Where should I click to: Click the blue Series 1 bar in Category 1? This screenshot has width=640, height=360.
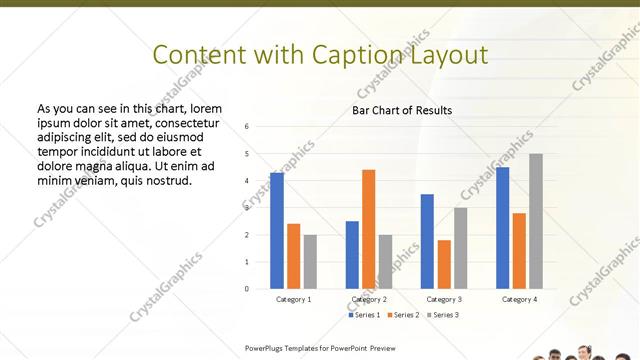tap(277, 231)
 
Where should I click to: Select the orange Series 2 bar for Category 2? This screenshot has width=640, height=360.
tap(368, 229)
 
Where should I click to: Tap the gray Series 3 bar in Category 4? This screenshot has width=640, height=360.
tap(536, 221)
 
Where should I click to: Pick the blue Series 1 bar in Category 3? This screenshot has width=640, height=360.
tap(427, 241)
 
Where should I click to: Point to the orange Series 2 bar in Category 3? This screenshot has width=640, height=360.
tap(444, 264)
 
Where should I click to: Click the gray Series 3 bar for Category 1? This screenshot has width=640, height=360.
tap(310, 262)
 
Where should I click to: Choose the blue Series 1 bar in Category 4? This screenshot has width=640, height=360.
tap(502, 228)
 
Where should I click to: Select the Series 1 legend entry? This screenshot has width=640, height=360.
tap(363, 315)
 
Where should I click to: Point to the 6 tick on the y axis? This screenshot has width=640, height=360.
tap(260, 127)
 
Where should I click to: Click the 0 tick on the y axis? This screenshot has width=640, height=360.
tap(260, 289)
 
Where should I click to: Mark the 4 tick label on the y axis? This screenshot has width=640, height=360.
tap(260, 181)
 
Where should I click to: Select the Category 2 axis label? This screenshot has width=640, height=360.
tap(369, 299)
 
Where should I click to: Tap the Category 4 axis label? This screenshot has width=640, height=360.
tap(519, 299)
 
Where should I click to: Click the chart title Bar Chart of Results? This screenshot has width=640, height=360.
tap(402, 110)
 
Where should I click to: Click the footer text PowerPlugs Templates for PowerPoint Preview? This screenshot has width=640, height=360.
tap(328, 348)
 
